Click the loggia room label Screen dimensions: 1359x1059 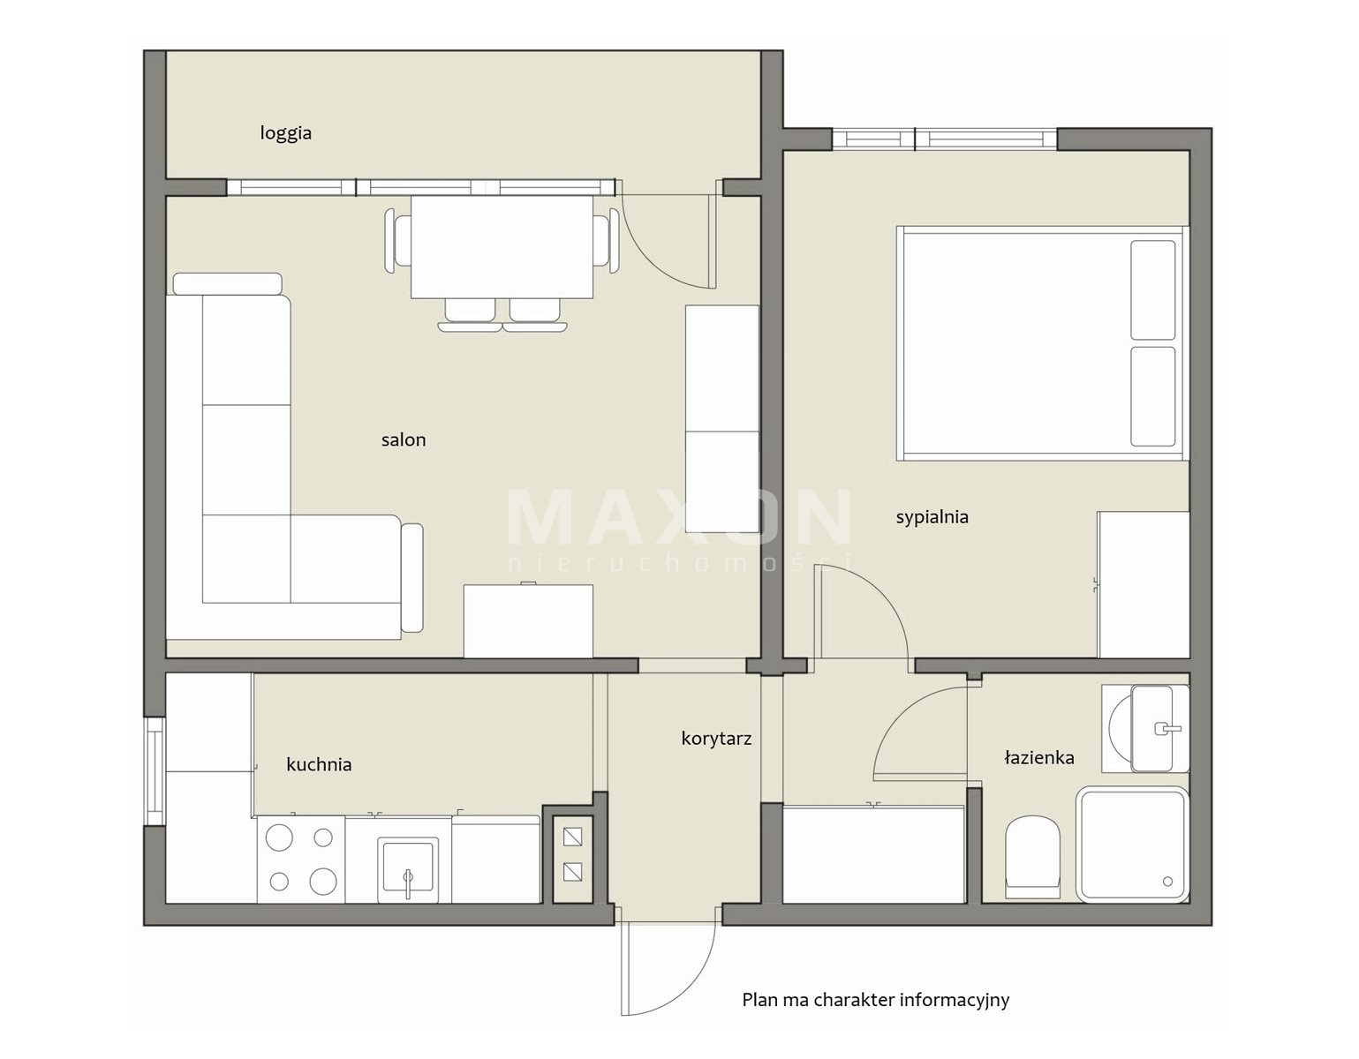click(x=286, y=133)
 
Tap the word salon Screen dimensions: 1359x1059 click(x=404, y=439)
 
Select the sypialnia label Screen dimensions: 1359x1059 click(x=932, y=517)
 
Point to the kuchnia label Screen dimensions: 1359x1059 click(x=319, y=764)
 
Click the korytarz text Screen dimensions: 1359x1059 click(x=716, y=740)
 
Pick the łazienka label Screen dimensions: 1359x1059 click(x=1038, y=758)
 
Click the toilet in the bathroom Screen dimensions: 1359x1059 click(x=1032, y=857)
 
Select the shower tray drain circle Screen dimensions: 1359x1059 click(x=1167, y=882)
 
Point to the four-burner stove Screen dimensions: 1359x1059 click(x=301, y=859)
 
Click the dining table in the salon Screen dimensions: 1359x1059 click(x=502, y=247)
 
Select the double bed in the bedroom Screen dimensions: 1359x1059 click(x=1042, y=343)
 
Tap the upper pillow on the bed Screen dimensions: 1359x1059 click(x=1152, y=289)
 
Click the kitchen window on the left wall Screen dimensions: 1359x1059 click(x=155, y=771)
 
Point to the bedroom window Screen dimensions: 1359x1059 click(x=944, y=139)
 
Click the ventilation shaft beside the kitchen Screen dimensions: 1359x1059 click(x=573, y=859)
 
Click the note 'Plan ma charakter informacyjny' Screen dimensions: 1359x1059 click(x=876, y=1000)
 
